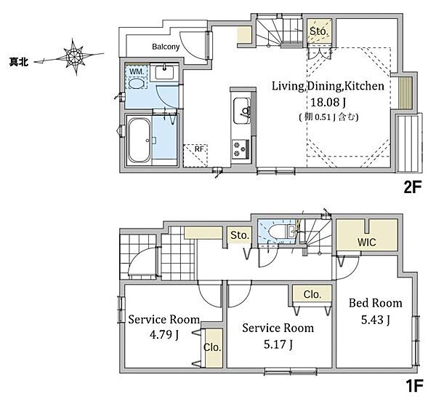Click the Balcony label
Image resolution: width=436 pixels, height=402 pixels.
tap(166, 47)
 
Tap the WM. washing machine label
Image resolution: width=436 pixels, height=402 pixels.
tap(137, 71)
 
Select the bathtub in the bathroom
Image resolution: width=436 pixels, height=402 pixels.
tap(139, 141)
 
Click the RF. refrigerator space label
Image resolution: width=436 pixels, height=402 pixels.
tap(200, 149)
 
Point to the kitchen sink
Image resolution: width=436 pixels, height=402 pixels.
tap(242, 111)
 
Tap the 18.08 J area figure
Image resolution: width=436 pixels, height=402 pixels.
tap(328, 103)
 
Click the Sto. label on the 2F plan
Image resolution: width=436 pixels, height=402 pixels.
tap(319, 31)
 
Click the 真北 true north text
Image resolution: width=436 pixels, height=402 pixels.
tap(19, 62)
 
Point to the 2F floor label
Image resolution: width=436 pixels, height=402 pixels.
tap(413, 187)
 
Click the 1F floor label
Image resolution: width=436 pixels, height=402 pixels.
tap(414, 386)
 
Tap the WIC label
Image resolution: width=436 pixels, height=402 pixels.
tap(367, 242)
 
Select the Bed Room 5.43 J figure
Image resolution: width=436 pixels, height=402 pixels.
tap(376, 320)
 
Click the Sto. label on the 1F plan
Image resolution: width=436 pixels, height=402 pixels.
tap(240, 235)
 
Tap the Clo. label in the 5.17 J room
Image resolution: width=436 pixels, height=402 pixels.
tap(312, 294)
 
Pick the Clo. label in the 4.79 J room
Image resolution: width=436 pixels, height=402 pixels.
tap(212, 347)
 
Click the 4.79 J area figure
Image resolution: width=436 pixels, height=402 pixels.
tap(164, 334)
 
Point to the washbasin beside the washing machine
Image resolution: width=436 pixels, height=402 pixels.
tap(164, 73)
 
